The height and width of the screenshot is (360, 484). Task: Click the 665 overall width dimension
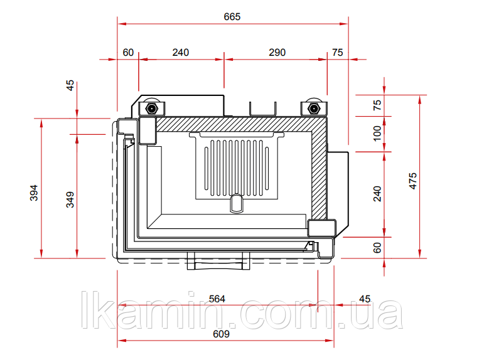pos(232,17)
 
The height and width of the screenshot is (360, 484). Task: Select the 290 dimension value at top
pos(277,53)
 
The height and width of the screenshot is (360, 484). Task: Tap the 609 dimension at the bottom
pos(222,334)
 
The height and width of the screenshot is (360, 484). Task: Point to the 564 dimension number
pos(217,299)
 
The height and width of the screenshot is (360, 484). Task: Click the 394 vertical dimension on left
pos(34,193)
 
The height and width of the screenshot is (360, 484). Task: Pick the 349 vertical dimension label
pos(70,199)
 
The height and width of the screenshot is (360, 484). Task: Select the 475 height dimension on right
pos(412,181)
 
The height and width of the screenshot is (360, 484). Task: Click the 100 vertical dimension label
pos(377,133)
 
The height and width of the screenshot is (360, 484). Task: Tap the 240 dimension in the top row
pos(181,53)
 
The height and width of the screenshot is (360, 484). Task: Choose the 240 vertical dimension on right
pos(377,194)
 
